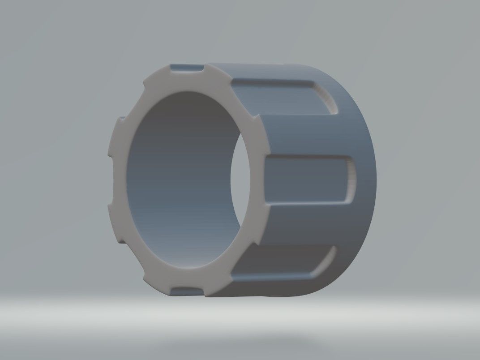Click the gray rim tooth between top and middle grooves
click(259, 134)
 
